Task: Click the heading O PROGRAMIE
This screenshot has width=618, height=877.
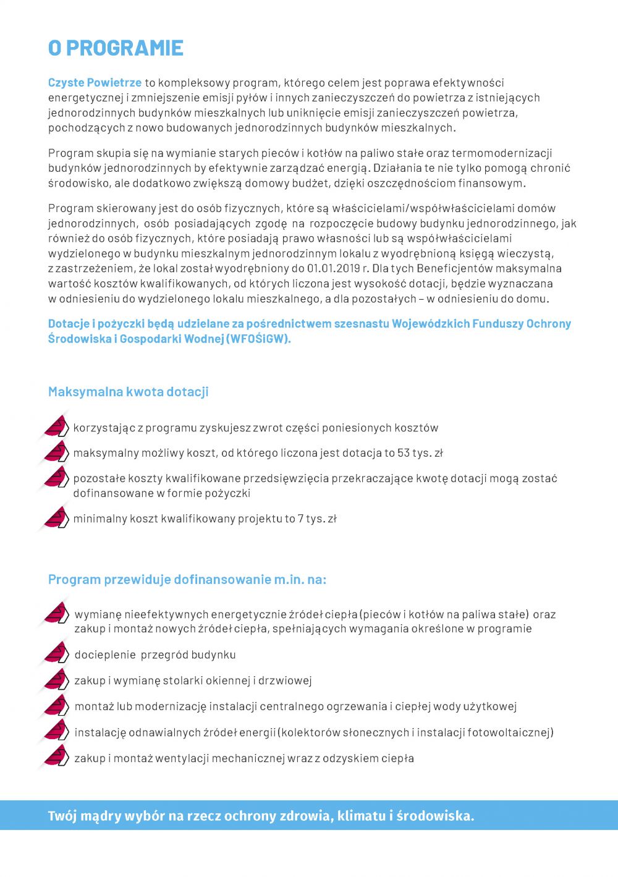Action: coord(116,48)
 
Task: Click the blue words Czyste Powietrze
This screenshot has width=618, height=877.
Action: coord(95,83)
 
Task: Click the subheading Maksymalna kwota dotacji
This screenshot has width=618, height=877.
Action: coord(128,392)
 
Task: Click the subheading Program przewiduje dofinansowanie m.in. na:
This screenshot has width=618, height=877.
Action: coord(187,580)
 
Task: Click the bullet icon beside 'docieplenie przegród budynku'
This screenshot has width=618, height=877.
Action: coord(56,653)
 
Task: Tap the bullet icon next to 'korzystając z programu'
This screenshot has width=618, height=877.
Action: coord(56,426)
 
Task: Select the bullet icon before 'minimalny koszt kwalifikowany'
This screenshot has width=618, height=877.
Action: coord(56,518)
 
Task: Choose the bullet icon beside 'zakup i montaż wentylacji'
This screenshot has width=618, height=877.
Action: coord(56,756)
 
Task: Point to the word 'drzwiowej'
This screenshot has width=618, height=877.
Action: coord(285,681)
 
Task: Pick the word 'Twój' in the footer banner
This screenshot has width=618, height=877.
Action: coord(62,816)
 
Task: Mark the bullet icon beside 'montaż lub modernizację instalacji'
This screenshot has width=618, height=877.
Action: coord(56,705)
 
